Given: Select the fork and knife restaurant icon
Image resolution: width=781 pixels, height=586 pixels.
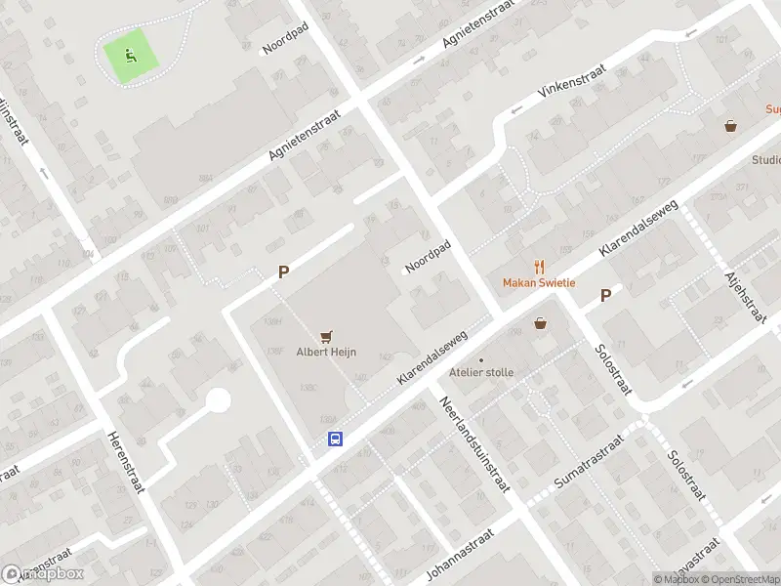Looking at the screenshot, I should pyautogui.click(x=538, y=267).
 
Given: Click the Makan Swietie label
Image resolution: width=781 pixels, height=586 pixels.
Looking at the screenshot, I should pyautogui.click(x=539, y=283).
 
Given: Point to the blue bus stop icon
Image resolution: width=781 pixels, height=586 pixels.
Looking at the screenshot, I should pyautogui.click(x=335, y=439).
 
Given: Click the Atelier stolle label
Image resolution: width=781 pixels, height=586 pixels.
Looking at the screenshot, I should pyautogui.click(x=480, y=372).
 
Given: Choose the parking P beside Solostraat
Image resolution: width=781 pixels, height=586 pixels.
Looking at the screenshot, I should pyautogui.click(x=605, y=295).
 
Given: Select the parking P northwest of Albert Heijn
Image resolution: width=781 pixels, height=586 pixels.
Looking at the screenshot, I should pyautogui.click(x=283, y=273).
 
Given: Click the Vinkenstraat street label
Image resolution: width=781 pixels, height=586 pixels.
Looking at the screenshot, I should pyautogui.click(x=572, y=82).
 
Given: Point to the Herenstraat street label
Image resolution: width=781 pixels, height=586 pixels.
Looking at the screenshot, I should pyautogui.click(x=126, y=462).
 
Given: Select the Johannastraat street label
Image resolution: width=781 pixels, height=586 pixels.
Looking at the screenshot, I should pyautogui.click(x=462, y=554).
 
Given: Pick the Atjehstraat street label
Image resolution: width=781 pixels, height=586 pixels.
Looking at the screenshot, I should pyautogui.click(x=743, y=297).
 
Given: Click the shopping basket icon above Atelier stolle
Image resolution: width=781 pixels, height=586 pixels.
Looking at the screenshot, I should pyautogui.click(x=540, y=323).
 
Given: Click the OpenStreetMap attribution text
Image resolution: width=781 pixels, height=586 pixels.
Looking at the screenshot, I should pyautogui.click(x=738, y=579).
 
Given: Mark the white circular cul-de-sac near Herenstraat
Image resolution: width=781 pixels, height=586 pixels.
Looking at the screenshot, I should pyautogui.click(x=218, y=400).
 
